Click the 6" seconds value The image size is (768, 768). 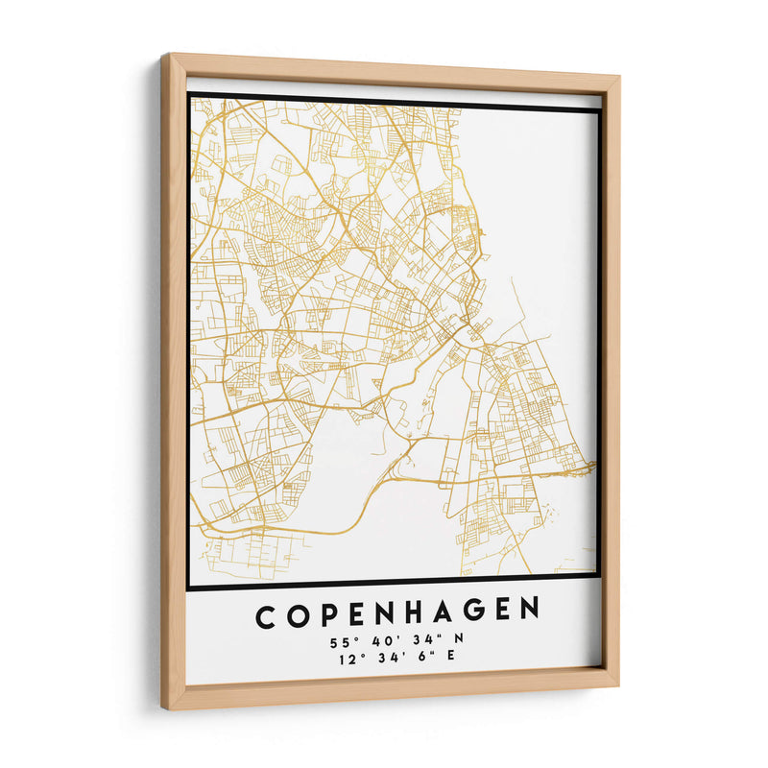click(420, 658)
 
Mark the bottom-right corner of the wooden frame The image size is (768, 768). click(618, 685)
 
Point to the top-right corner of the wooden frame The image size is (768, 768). click(619, 75)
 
